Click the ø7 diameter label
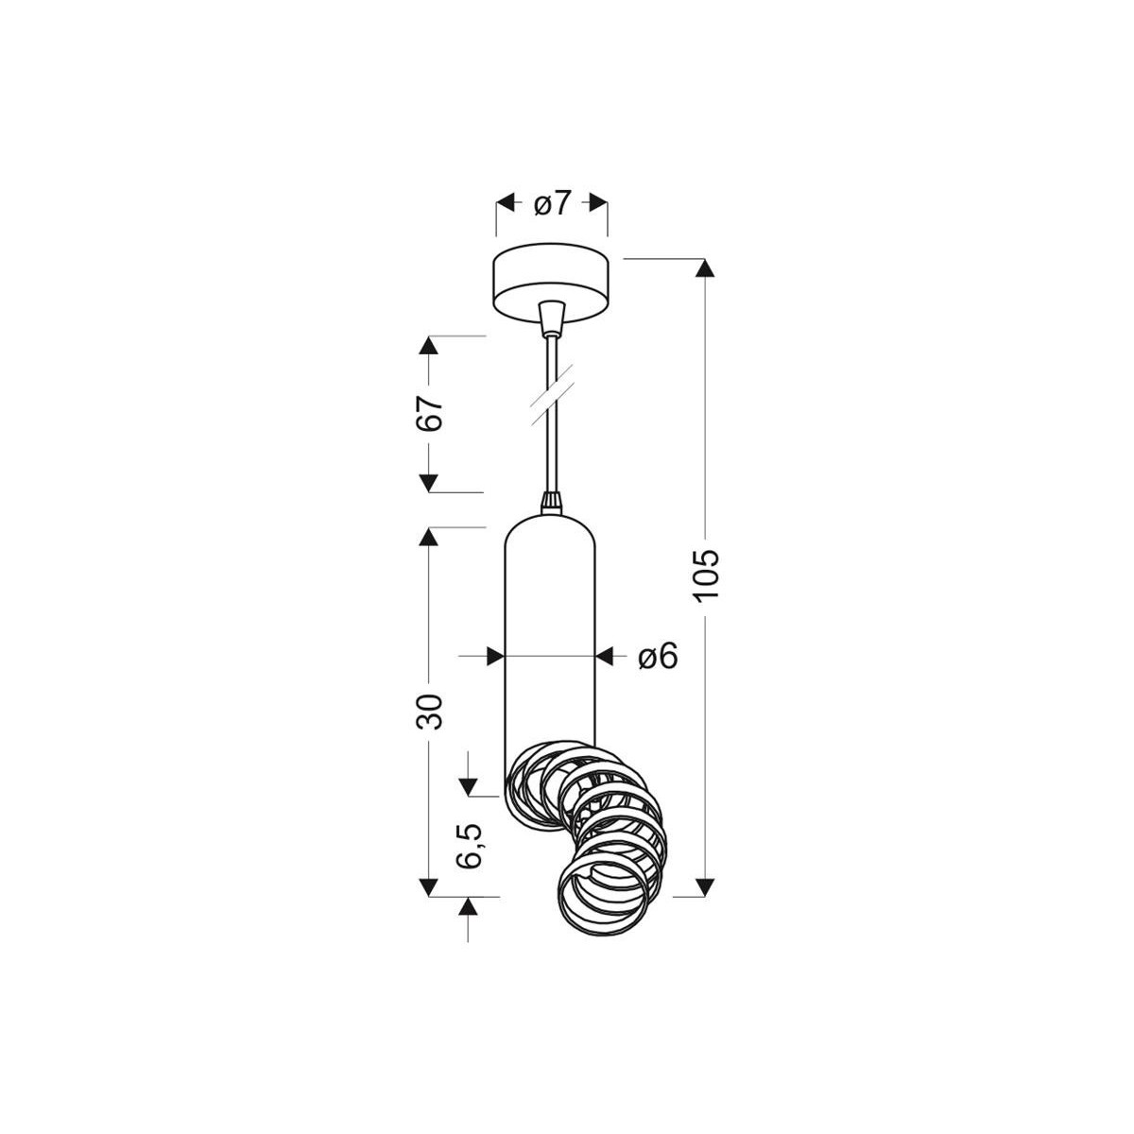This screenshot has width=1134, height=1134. coord(552,203)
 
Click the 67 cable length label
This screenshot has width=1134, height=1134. coord(430,414)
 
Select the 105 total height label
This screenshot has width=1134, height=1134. coord(706,574)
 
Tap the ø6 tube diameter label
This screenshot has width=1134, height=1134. coord(658,656)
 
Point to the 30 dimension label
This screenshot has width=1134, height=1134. coord(430,711)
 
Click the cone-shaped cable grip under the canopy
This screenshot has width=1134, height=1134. coord(550,316)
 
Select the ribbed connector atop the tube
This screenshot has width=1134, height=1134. coord(550,502)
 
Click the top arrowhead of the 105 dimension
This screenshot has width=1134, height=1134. coord(706,267)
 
